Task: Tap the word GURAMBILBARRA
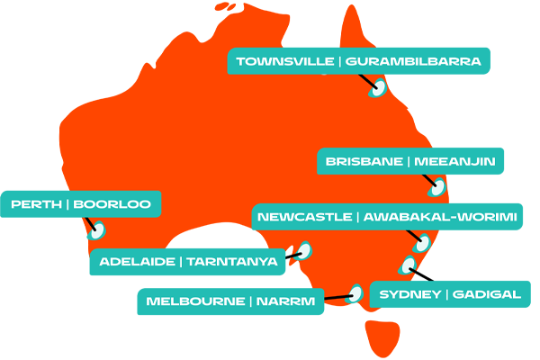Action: click(413, 62)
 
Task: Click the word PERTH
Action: click(36, 205)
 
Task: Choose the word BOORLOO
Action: click(112, 205)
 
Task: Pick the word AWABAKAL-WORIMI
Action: click(440, 218)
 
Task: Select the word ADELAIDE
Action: click(137, 262)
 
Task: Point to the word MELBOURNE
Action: click(194, 301)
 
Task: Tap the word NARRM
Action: click(285, 301)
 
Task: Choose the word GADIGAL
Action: click(486, 295)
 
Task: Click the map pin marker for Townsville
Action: click(379, 88)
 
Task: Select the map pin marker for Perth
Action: click(97, 230)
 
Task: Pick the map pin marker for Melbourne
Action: click(355, 293)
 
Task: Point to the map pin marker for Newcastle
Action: click(421, 242)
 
